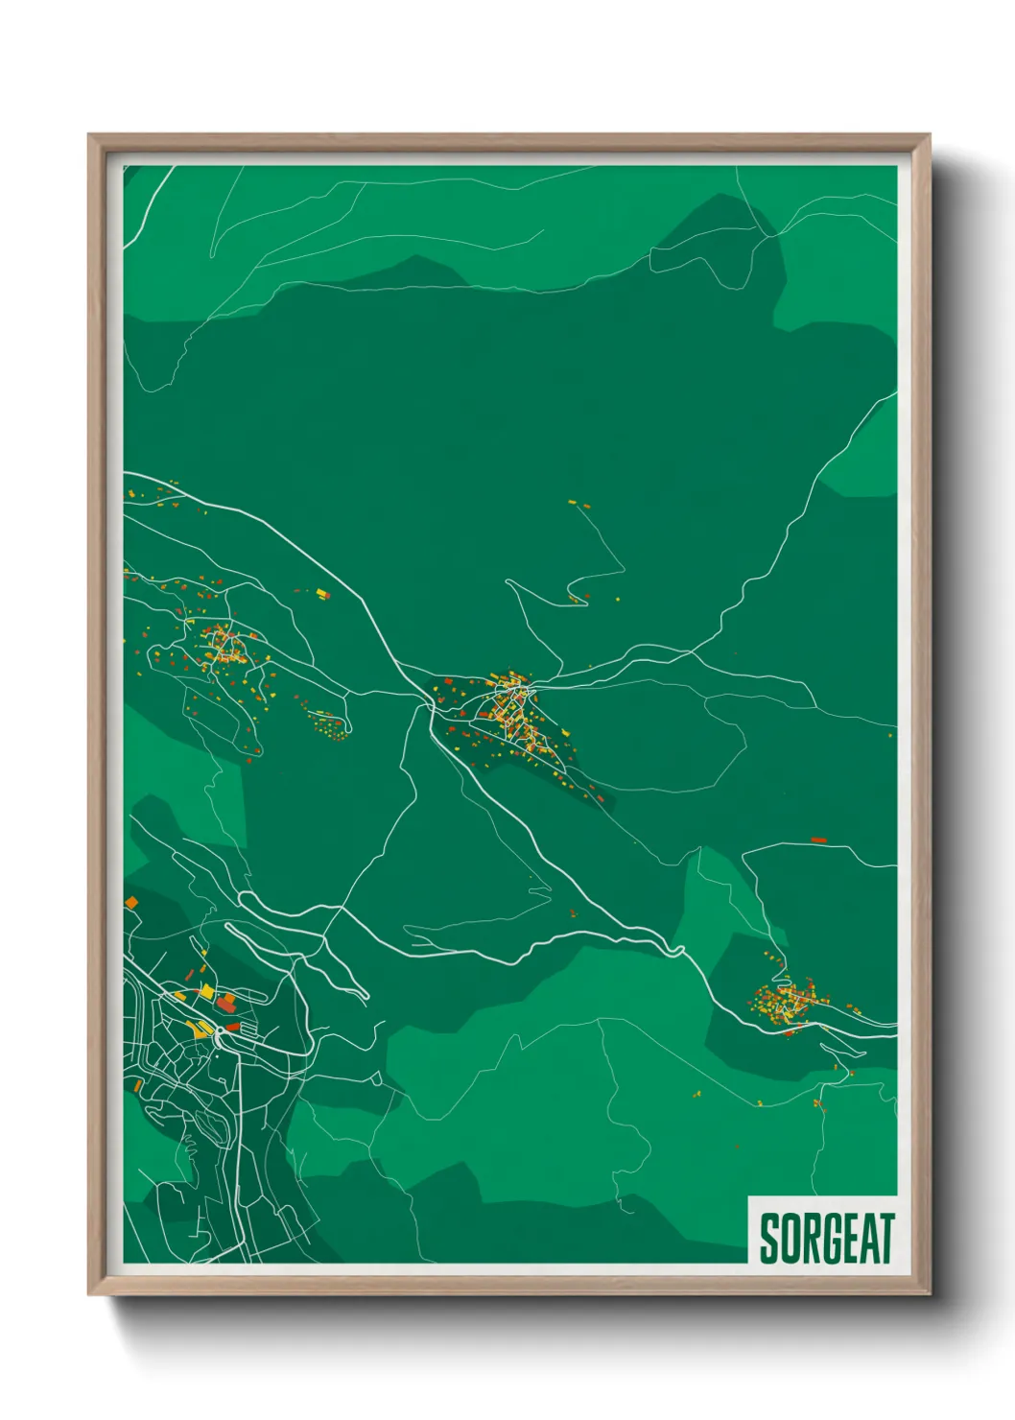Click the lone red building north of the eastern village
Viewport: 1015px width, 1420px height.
tap(818, 840)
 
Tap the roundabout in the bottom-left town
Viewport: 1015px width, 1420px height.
tap(220, 1030)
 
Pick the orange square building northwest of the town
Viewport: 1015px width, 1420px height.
tap(131, 902)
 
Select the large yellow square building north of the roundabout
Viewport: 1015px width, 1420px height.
tap(205, 990)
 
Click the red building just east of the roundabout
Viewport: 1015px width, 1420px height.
tap(233, 1028)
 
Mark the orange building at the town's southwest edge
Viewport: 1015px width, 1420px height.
tap(137, 1085)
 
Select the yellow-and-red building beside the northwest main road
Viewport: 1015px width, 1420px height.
tap(323, 595)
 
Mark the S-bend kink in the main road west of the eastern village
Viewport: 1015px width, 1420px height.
tap(678, 950)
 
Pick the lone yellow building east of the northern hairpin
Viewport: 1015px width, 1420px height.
tap(618, 601)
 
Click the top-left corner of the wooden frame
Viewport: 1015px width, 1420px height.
tap(89, 135)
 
